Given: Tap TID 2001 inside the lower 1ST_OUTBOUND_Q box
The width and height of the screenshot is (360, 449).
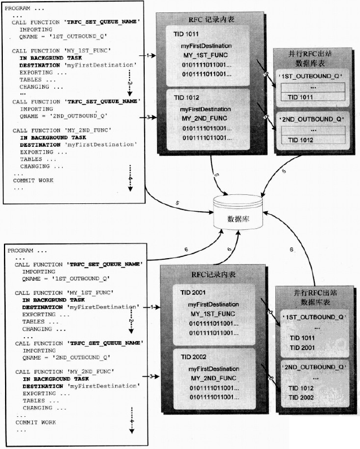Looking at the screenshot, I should pyautogui.click(x=303, y=347).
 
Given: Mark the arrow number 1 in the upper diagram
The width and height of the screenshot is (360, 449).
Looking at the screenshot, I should pyautogui.click(x=149, y=55).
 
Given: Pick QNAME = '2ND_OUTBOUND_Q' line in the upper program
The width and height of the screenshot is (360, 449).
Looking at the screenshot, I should pyautogui.click(x=63, y=116).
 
